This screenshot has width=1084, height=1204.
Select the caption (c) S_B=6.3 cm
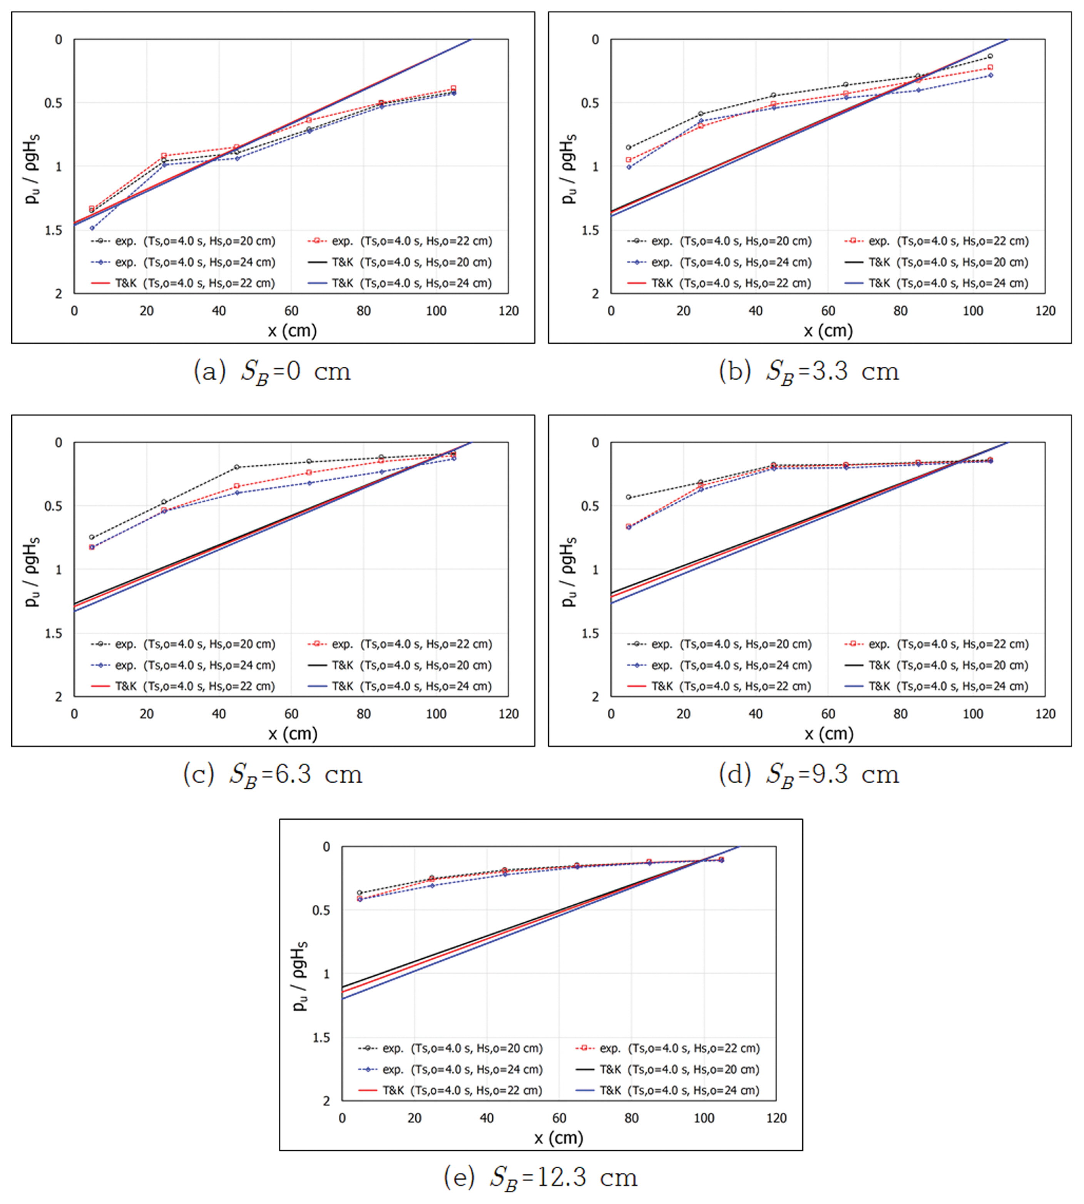tap(272, 774)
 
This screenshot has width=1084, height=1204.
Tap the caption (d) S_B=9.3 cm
tap(808, 774)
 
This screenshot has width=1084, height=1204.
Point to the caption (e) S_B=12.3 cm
tap(540, 1177)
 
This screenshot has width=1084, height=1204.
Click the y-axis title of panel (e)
tap(299, 976)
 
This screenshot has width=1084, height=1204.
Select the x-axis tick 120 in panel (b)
tap(1045, 310)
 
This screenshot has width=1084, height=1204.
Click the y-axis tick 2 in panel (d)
tap(595, 696)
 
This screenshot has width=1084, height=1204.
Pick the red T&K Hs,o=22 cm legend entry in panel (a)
tap(184, 283)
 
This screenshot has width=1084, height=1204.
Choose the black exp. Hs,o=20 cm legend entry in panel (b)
tap(719, 241)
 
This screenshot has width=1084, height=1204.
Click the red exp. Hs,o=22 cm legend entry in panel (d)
tap(936, 644)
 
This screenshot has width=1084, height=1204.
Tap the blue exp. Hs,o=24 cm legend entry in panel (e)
tap(451, 1069)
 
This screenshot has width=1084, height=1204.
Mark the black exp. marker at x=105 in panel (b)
tap(990, 56)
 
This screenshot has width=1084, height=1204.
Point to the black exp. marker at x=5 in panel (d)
tap(628, 497)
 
